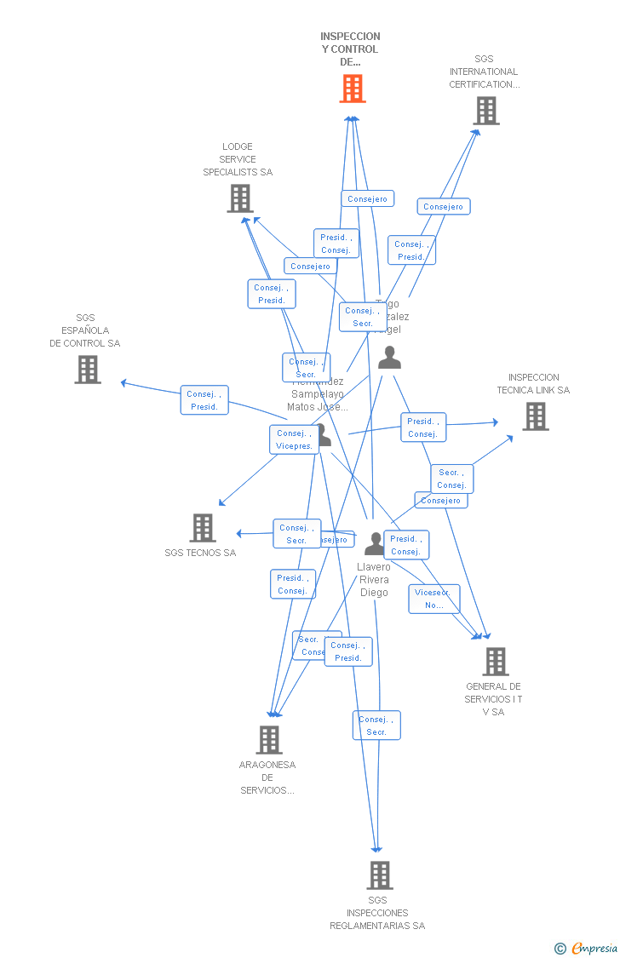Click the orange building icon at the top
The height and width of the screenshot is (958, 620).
click(x=353, y=89)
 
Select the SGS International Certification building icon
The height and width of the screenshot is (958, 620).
click(x=486, y=111)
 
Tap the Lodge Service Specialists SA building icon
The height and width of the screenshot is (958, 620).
click(x=241, y=198)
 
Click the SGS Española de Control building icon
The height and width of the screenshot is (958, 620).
click(x=88, y=370)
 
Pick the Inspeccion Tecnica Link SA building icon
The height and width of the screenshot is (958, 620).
click(x=535, y=416)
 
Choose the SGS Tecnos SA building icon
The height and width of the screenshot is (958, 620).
click(x=203, y=528)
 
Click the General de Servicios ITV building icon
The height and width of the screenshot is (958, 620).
click(x=495, y=662)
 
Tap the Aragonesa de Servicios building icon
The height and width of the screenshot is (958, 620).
click(x=269, y=740)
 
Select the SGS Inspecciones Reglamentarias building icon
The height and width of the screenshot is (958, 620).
click(x=379, y=875)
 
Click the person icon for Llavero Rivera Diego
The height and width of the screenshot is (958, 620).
click(x=375, y=543)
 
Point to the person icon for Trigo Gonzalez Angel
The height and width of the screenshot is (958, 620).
click(x=389, y=358)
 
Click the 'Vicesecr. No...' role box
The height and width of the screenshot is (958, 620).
click(x=433, y=599)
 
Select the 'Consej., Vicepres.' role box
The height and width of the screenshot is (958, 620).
click(x=295, y=439)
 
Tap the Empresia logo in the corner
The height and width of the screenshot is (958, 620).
click(x=594, y=948)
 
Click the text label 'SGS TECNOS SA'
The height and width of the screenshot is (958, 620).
click(x=200, y=553)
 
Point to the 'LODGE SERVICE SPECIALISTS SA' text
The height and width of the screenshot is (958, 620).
click(x=238, y=159)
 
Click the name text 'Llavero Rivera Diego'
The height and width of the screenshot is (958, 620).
click(x=374, y=580)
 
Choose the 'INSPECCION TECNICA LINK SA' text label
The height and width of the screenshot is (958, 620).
click(x=533, y=384)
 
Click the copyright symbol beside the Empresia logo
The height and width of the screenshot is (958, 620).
click(x=560, y=948)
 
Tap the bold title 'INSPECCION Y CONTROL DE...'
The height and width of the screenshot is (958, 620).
click(x=350, y=49)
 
